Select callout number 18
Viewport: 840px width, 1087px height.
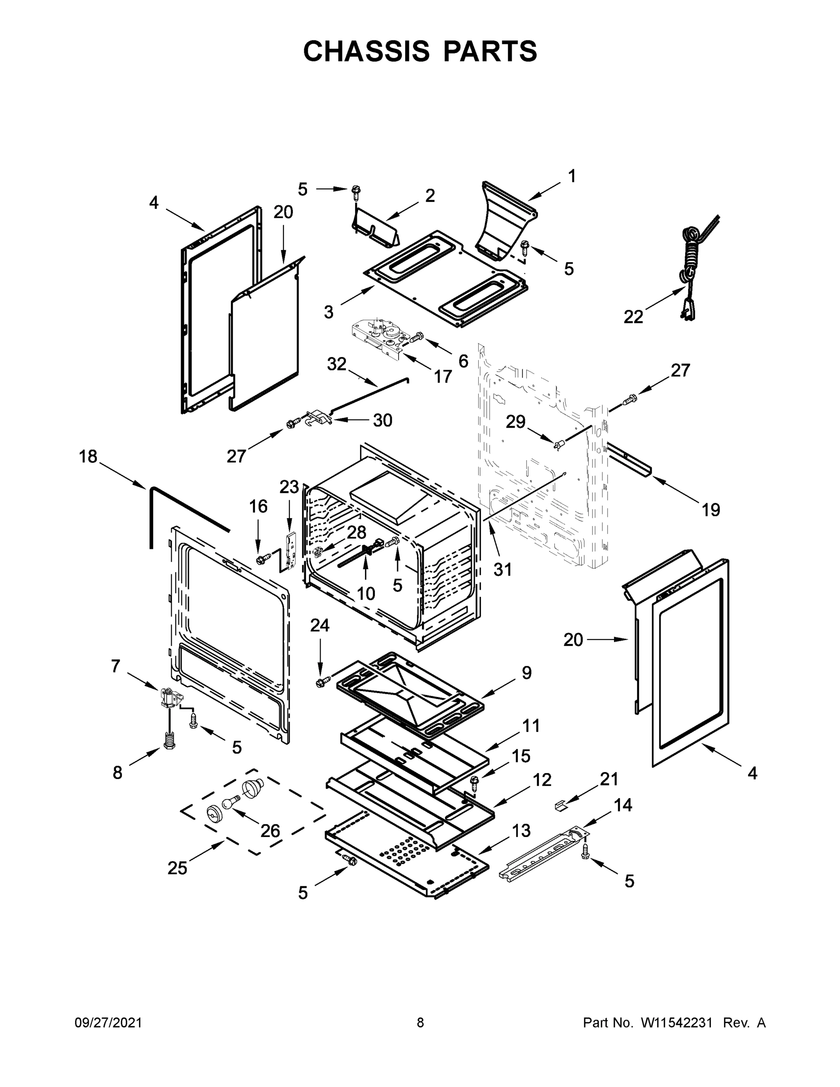pyautogui.click(x=88, y=457)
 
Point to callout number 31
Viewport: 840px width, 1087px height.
pyautogui.click(x=502, y=569)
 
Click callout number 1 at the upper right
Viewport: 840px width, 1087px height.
pyautogui.click(x=572, y=176)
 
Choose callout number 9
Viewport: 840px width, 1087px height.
pyautogui.click(x=527, y=673)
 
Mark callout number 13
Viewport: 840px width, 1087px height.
pyautogui.click(x=522, y=831)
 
